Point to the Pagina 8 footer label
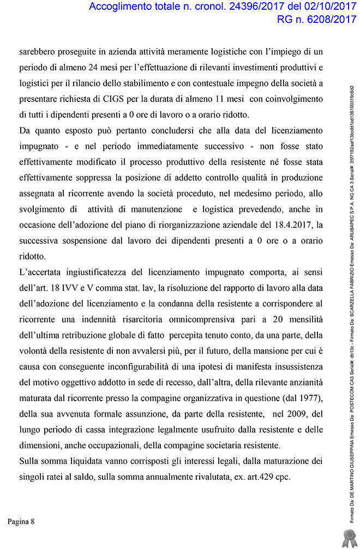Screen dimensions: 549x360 pyautogui.click(x=21, y=522)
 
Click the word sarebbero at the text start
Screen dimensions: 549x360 pyautogui.click(x=39, y=52)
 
